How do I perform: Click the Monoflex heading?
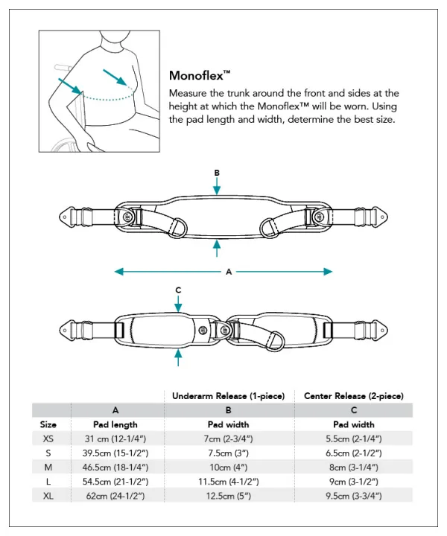(x=200, y=75)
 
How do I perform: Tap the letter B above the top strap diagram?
(x=217, y=173)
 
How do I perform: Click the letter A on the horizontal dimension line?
(x=229, y=272)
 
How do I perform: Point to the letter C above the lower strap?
(x=178, y=290)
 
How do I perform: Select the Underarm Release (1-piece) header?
(x=229, y=396)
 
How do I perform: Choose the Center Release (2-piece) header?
(x=354, y=396)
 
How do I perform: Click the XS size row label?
(x=48, y=439)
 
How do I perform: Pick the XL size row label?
(x=48, y=495)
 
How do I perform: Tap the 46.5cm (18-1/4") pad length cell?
(x=115, y=467)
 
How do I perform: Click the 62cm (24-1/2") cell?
(x=115, y=495)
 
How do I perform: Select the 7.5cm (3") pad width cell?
(x=229, y=453)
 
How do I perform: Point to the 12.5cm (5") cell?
(x=229, y=495)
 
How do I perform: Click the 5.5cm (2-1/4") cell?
(x=354, y=439)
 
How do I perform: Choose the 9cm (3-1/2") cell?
(x=354, y=481)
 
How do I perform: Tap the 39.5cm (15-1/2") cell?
(x=115, y=453)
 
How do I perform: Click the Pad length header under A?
(x=115, y=424)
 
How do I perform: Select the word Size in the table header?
(x=48, y=424)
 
